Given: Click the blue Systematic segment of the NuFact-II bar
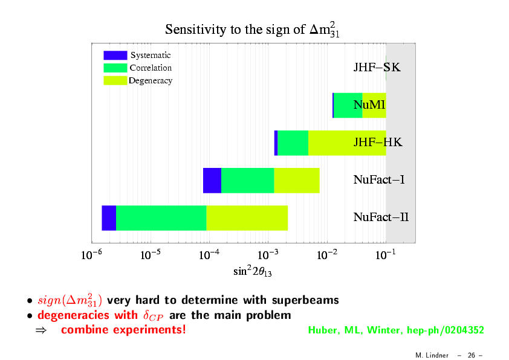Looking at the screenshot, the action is coord(109,218).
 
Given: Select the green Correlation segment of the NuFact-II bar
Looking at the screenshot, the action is coord(161,218).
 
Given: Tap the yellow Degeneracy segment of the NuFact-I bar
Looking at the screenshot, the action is coord(297,181).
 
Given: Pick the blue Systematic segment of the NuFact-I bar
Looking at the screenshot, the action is coord(212,181).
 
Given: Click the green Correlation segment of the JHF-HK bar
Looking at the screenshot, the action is coord(293,143).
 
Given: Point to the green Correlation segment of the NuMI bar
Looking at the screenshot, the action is coord(348,106).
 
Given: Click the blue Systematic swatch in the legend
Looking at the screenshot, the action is coord(115,55).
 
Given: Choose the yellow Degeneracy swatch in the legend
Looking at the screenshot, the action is coord(115,80).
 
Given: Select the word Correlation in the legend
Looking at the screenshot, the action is coord(151,68).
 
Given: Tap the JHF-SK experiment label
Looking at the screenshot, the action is coord(377,68).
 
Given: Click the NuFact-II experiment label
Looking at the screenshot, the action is coord(381,217).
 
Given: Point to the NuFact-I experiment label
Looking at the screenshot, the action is coord(379,179).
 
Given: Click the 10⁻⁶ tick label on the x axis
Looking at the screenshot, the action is coord(91,254).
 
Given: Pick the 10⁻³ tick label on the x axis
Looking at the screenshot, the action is coord(268,254).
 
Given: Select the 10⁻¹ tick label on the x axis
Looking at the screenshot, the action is coord(385,254).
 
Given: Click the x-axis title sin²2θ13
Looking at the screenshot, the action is coord(253,271).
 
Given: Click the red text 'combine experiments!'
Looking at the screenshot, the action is coord(123,330).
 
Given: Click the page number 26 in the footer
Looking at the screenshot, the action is coord(472,355).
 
